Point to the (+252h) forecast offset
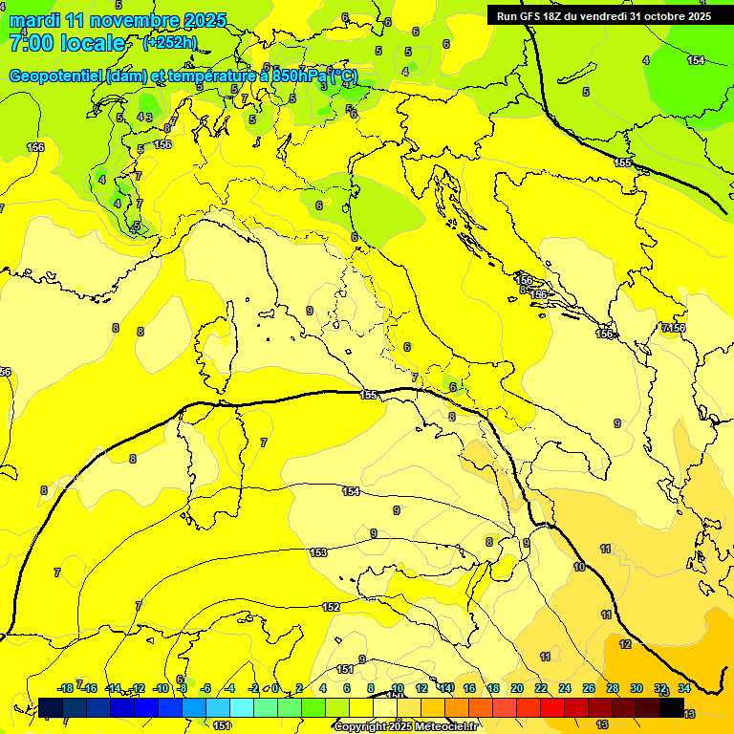169,43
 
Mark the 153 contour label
318,552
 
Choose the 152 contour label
331,607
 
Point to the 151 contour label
345,669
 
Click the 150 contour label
222,725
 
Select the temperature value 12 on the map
625,644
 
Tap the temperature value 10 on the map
579,567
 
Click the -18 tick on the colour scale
65,688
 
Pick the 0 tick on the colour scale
275,688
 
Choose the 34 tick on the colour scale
684,688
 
